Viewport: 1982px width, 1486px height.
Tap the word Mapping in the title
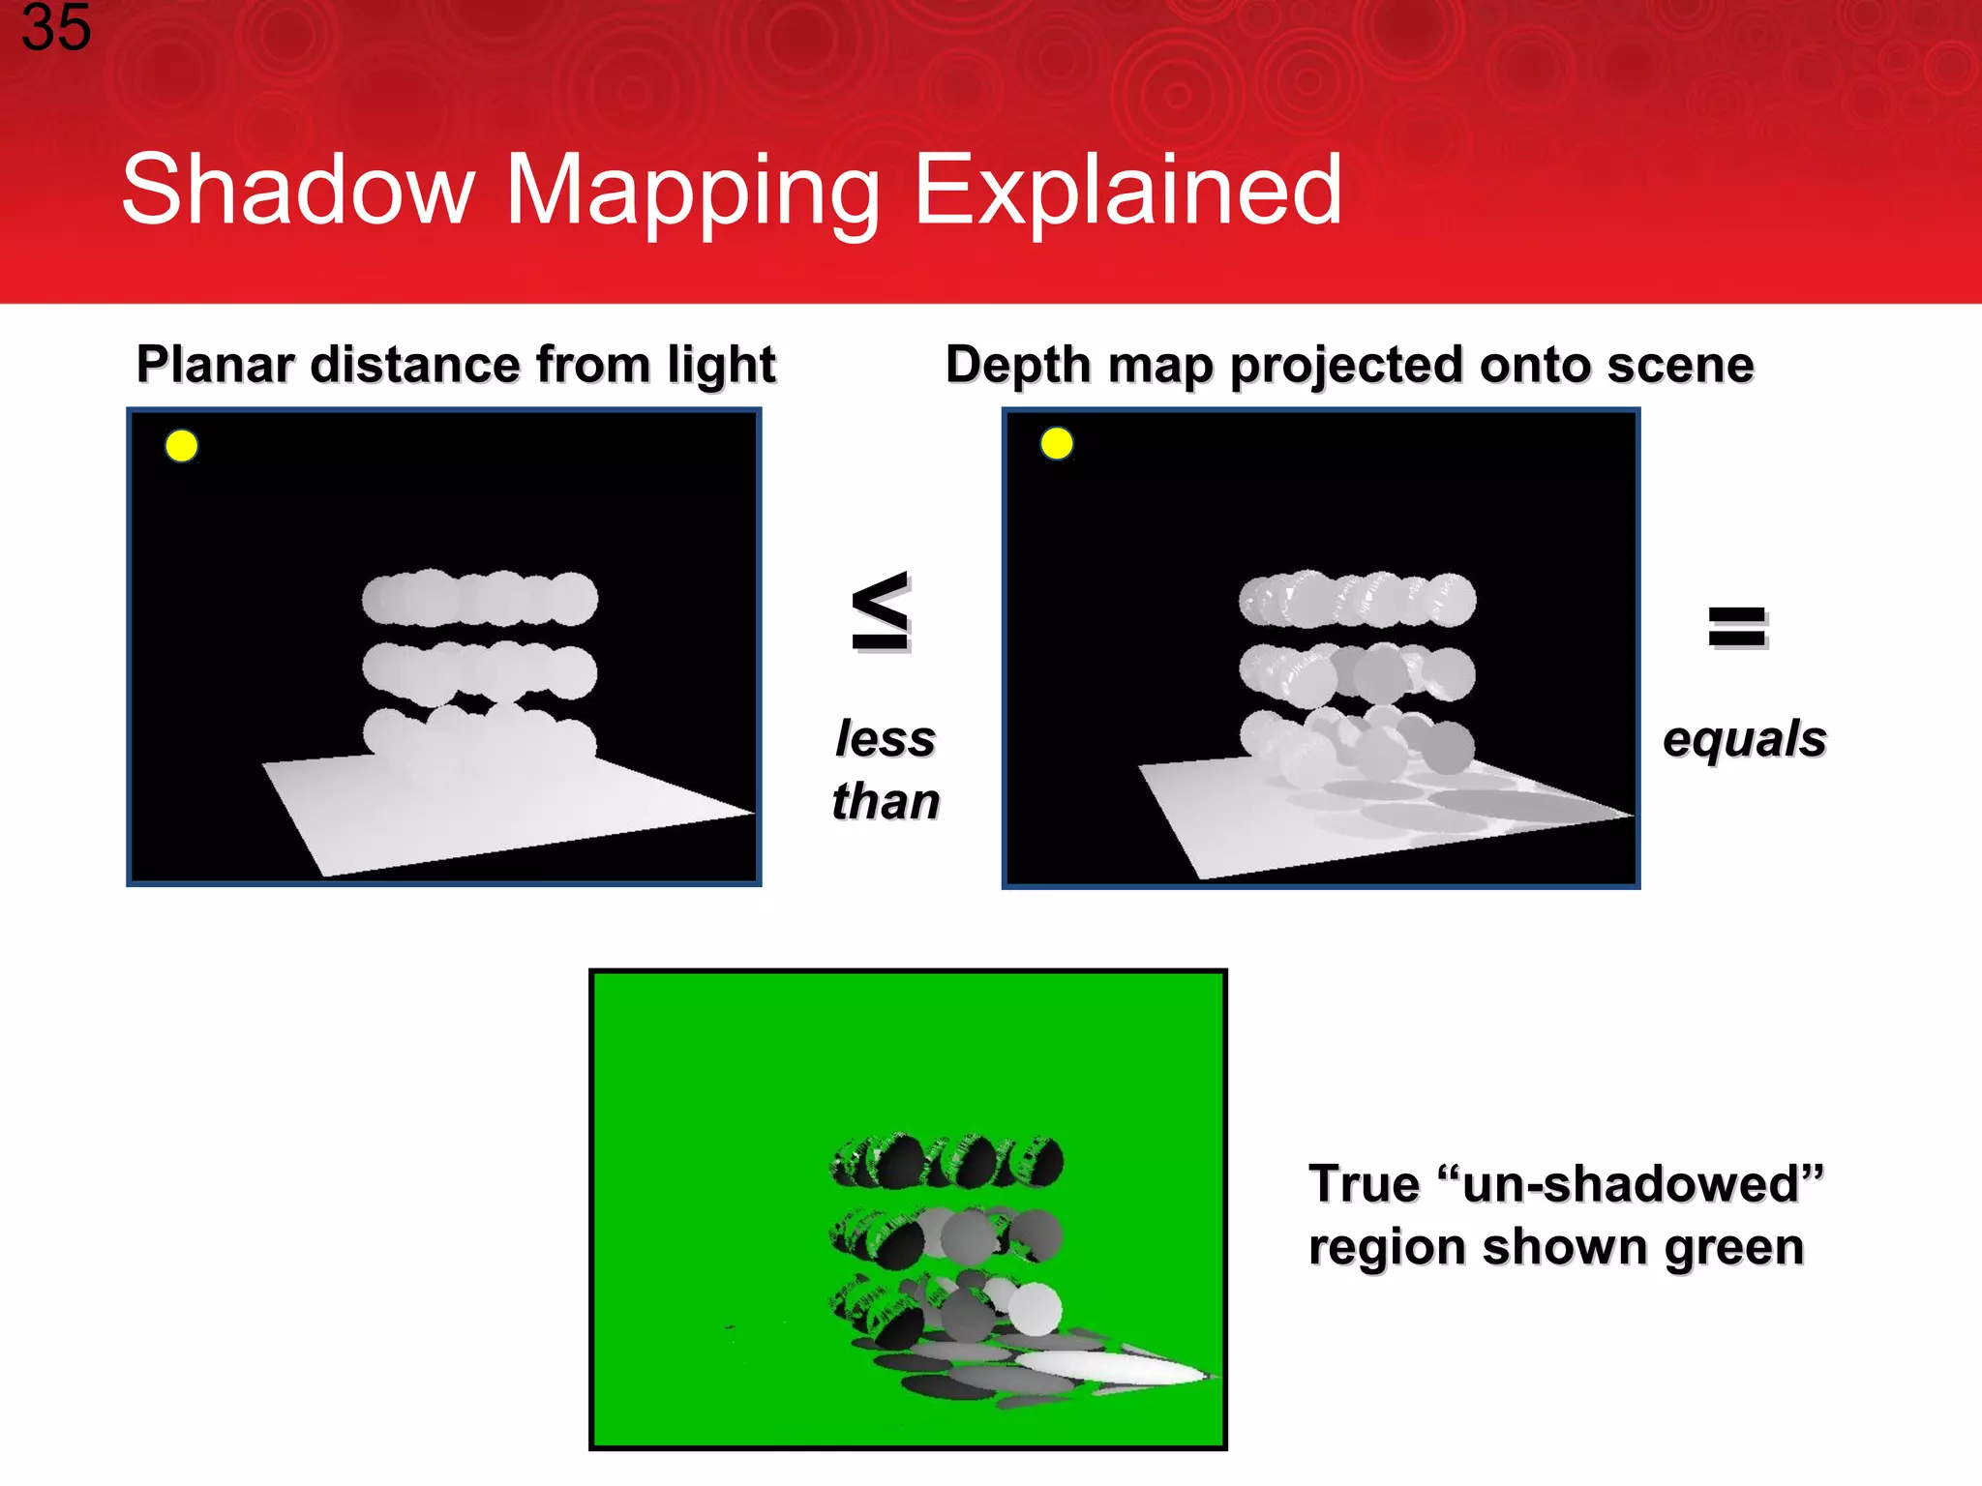pyautogui.click(x=693, y=192)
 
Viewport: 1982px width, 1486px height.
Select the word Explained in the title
pyautogui.click(x=1127, y=192)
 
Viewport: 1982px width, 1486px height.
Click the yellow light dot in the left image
pyautogui.click(x=182, y=446)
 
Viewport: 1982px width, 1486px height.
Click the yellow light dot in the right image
pyautogui.click(x=1057, y=444)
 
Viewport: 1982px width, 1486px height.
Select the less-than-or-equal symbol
pyautogui.click(x=881, y=611)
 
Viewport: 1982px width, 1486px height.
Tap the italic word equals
pyautogui.click(x=1744, y=740)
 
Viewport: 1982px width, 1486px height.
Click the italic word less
pyautogui.click(x=886, y=739)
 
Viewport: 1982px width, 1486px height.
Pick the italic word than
pyautogui.click(x=886, y=801)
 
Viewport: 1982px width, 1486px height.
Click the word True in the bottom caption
pyautogui.click(x=1363, y=1184)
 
